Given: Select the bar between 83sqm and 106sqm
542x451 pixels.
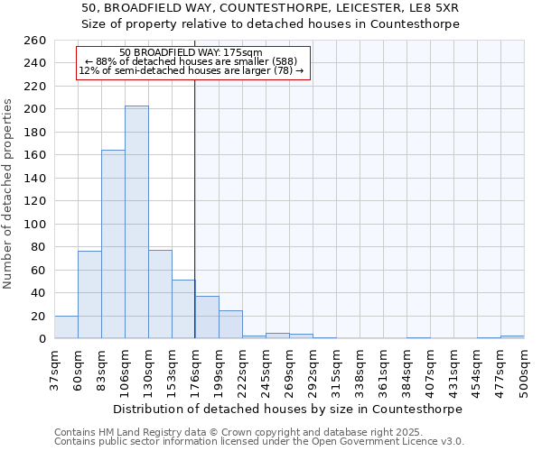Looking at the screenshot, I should coord(113,244).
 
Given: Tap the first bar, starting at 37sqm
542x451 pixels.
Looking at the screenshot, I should coord(66,327).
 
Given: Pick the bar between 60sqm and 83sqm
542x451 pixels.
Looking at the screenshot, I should coord(89,294).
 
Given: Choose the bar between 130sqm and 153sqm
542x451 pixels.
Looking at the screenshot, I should coord(160,294).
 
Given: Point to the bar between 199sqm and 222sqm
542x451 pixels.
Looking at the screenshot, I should coord(230,325).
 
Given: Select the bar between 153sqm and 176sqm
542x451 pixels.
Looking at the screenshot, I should coord(183,309).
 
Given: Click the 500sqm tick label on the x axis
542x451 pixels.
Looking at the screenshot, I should coord(524,370).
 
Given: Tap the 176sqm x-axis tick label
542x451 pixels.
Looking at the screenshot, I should coord(195,370).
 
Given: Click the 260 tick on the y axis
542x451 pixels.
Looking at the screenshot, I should coord(35,41).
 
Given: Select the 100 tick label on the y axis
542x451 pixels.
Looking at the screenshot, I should coord(35,224).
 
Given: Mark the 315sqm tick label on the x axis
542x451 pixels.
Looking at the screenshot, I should coord(336,370).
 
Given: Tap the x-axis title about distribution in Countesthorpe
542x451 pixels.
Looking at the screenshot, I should coord(288,409).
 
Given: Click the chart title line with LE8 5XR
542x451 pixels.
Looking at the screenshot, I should coord(270,9).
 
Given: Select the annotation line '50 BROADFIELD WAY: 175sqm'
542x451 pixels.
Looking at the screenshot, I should coord(191,52).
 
